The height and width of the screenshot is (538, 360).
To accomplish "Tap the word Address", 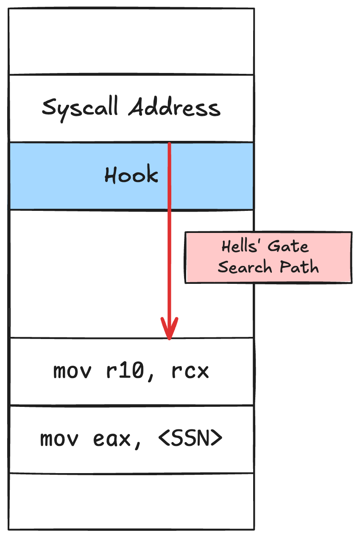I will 175,108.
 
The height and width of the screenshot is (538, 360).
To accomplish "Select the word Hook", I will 131,175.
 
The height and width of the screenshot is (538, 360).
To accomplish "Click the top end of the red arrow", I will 169,144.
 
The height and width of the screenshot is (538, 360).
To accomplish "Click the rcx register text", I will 190,372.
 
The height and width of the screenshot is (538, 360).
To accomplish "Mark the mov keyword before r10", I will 72,372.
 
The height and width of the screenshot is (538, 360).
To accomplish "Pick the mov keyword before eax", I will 59,439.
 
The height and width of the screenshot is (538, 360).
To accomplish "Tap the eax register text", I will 113,440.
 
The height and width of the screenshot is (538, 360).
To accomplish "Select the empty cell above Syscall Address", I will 131,42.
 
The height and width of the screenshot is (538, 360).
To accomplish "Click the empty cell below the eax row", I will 131,501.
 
